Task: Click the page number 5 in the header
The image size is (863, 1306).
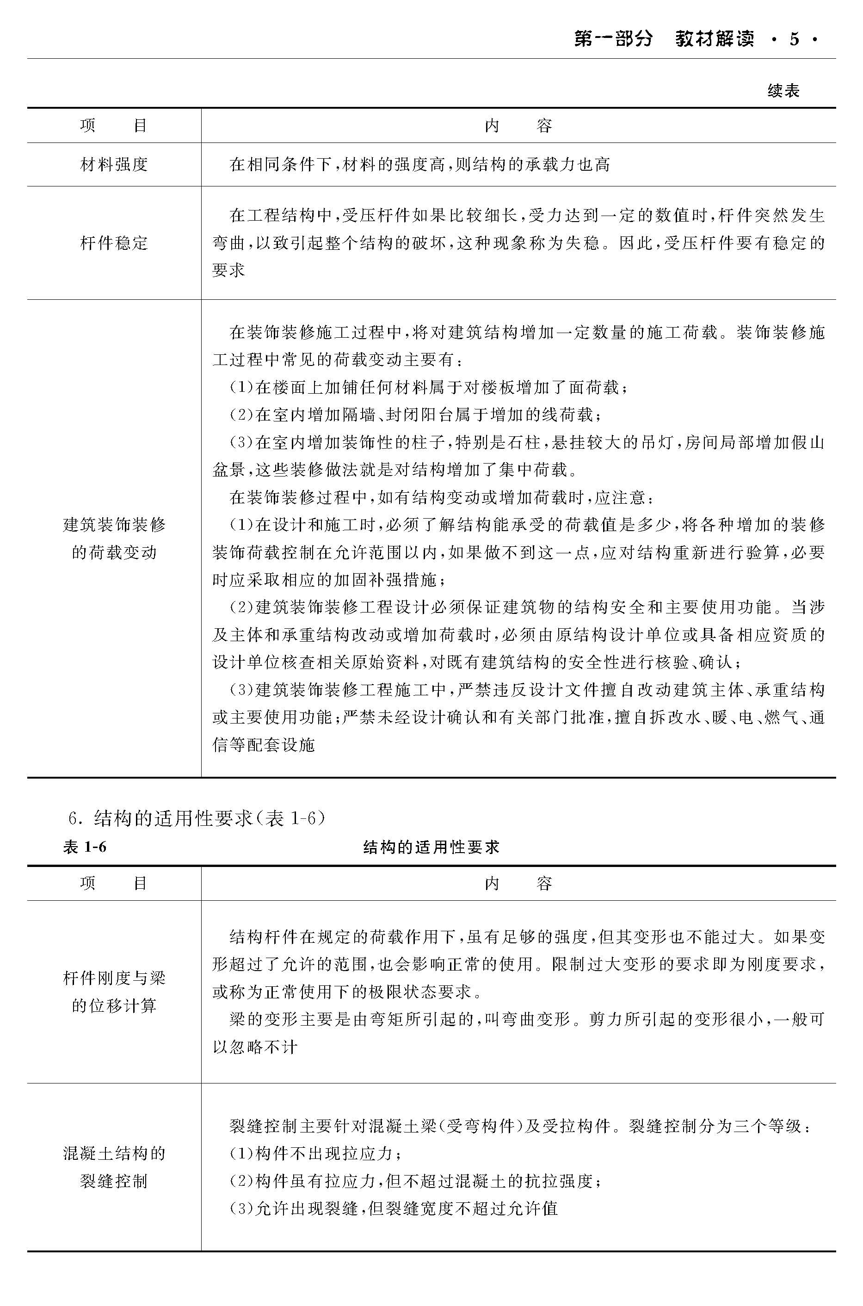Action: pos(794,39)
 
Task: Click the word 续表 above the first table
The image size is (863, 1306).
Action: pos(783,90)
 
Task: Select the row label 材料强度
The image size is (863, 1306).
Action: pos(114,164)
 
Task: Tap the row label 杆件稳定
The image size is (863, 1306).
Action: pos(114,243)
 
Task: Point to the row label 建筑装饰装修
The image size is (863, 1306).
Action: pos(114,525)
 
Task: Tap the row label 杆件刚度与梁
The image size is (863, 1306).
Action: pos(114,978)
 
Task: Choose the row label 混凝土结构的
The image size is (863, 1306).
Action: pos(114,1153)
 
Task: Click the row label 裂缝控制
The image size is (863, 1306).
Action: pos(114,1181)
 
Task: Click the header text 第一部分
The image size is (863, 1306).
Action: pos(613,39)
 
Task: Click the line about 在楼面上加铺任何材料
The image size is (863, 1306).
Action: pos(428,388)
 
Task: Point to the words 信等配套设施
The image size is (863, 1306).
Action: pos(264,745)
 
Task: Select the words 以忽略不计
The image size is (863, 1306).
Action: pos(255,1046)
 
